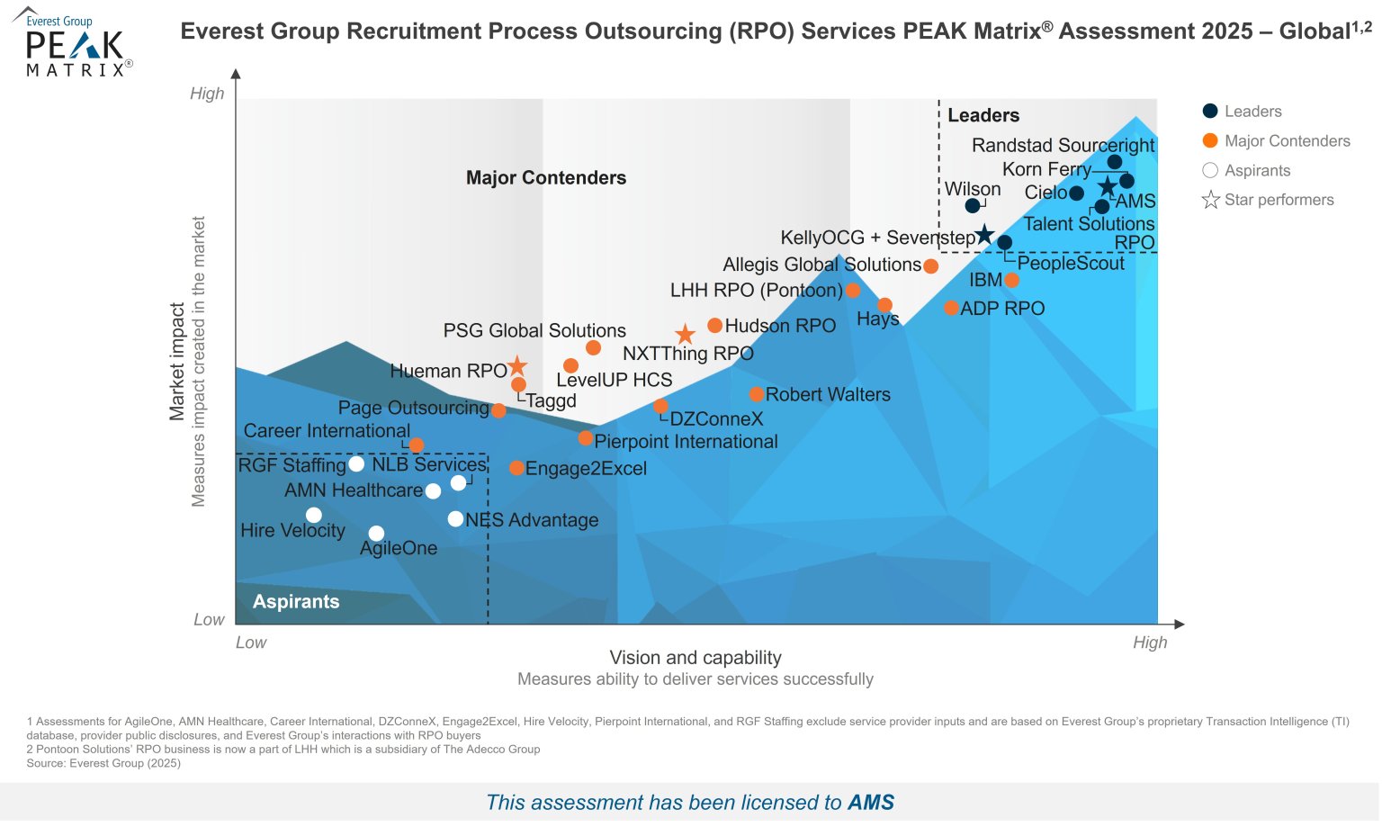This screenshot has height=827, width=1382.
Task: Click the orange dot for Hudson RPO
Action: click(714, 326)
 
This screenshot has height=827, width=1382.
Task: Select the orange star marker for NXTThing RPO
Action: click(685, 335)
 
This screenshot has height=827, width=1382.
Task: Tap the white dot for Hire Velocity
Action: click(313, 516)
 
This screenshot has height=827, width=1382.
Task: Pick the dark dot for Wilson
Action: click(973, 206)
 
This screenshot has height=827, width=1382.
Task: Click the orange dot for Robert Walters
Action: click(757, 394)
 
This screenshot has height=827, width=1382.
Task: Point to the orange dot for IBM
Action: click(1011, 280)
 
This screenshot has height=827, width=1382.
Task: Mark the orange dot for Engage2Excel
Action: click(516, 468)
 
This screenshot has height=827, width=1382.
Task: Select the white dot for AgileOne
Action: click(376, 534)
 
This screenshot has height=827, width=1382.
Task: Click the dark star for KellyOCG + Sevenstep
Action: click(985, 235)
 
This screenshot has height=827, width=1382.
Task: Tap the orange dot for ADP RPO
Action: click(951, 308)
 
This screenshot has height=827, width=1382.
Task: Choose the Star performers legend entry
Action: click(1268, 200)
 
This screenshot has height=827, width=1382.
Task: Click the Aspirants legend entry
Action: click(1246, 171)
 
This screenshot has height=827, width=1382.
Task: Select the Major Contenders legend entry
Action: click(1276, 141)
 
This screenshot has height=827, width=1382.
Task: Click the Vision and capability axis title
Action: click(695, 658)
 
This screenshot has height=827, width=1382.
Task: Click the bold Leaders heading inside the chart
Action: click(983, 115)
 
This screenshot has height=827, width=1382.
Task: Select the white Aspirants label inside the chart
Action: click(296, 602)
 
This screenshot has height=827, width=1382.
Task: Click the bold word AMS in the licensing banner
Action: click(871, 803)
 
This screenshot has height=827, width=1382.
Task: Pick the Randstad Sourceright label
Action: click(1063, 146)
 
